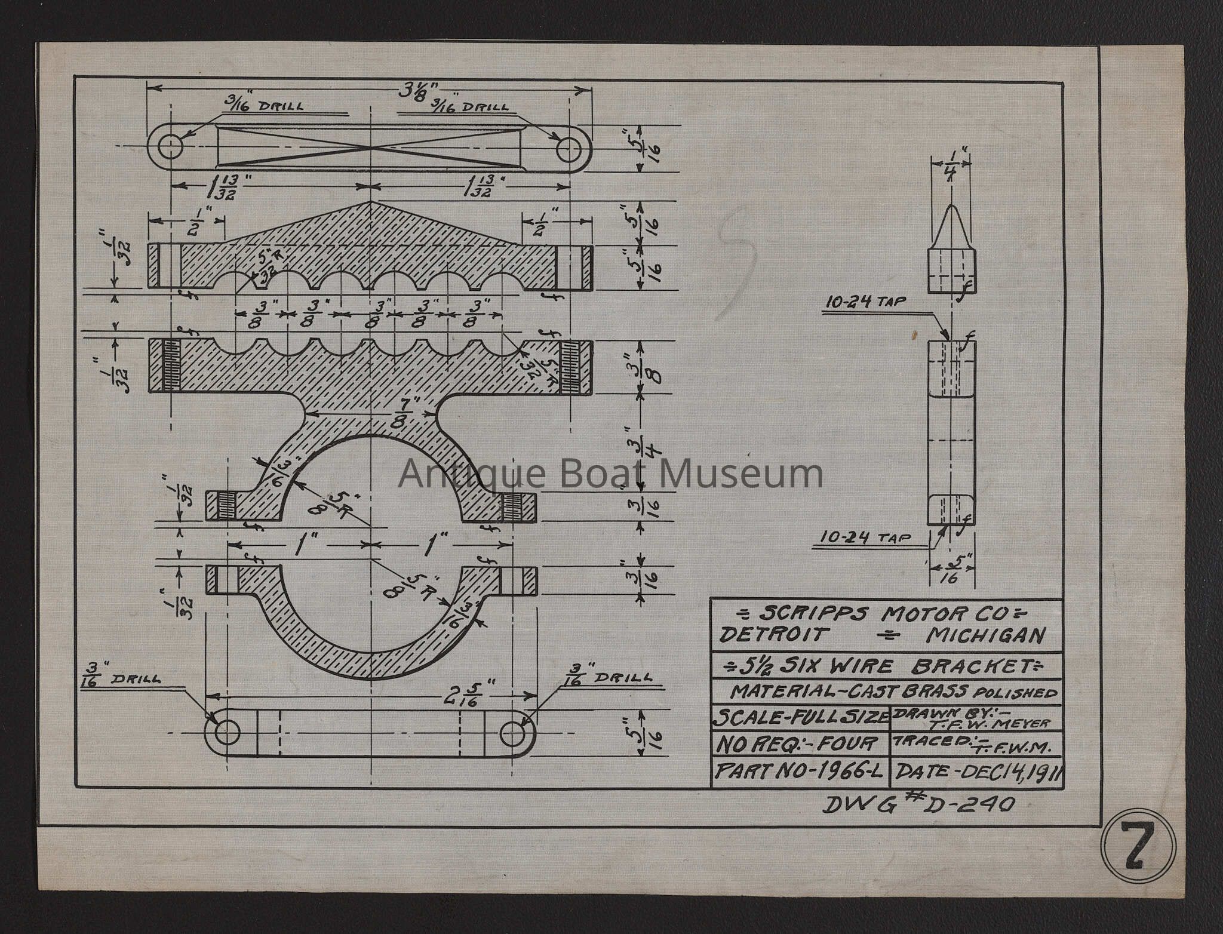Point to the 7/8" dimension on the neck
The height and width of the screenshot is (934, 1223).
[x=411, y=410]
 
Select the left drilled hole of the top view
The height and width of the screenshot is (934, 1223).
[x=171, y=146]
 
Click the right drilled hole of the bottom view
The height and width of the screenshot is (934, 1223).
[x=512, y=733]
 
